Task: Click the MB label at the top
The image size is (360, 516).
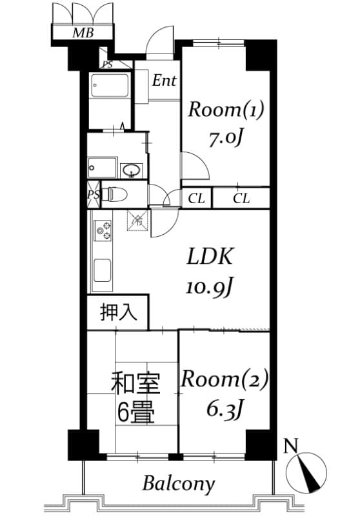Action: click(x=82, y=34)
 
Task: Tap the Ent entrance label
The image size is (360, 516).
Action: click(x=165, y=81)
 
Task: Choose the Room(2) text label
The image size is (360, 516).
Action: click(x=224, y=379)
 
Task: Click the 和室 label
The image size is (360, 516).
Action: click(x=134, y=382)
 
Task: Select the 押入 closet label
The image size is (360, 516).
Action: click(x=119, y=313)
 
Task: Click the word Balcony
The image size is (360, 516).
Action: click(x=179, y=483)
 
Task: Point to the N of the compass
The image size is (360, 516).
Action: click(x=292, y=445)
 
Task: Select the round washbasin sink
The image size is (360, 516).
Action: click(x=132, y=170)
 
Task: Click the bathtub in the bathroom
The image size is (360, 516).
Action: click(x=110, y=86)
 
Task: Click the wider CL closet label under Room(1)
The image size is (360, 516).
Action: click(x=241, y=199)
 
